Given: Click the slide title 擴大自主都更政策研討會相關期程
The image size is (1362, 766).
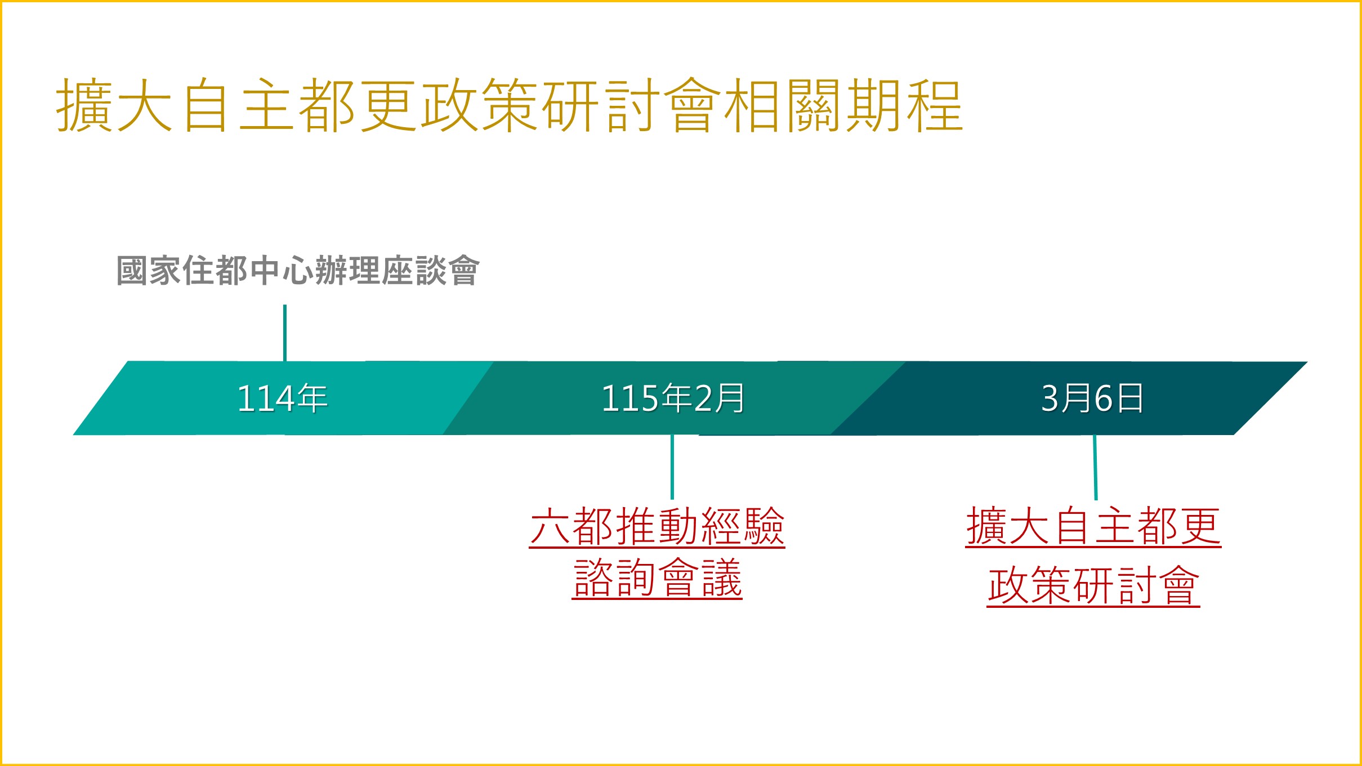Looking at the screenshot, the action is click(509, 105).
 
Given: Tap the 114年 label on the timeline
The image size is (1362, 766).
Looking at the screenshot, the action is click(282, 398).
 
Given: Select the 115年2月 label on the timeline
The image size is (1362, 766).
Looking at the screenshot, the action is click(673, 398).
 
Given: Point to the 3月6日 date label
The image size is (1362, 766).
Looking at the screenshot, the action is click(1092, 398).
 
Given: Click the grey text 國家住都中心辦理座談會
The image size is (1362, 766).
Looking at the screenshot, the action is click(298, 271).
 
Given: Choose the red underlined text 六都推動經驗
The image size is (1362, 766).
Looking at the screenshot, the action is click(657, 526).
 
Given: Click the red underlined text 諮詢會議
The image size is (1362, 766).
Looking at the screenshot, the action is click(657, 579).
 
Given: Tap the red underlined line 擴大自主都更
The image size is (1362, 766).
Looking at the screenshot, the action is click(1093, 526).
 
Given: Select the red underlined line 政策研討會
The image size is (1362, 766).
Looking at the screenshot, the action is click(1093, 586).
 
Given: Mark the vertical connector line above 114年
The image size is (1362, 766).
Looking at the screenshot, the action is click(285, 333).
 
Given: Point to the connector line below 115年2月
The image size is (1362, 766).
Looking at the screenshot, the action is click(672, 467).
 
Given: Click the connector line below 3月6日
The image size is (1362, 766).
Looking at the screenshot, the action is click(1095, 467).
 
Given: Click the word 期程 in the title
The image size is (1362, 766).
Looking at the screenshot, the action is click(904, 105).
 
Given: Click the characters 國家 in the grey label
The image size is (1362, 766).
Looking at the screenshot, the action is click(149, 271).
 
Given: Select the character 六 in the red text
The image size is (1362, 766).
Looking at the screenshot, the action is click(551, 526).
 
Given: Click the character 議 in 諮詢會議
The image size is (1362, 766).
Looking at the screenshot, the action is click(722, 579).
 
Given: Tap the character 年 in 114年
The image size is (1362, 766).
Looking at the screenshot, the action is click(312, 398).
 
